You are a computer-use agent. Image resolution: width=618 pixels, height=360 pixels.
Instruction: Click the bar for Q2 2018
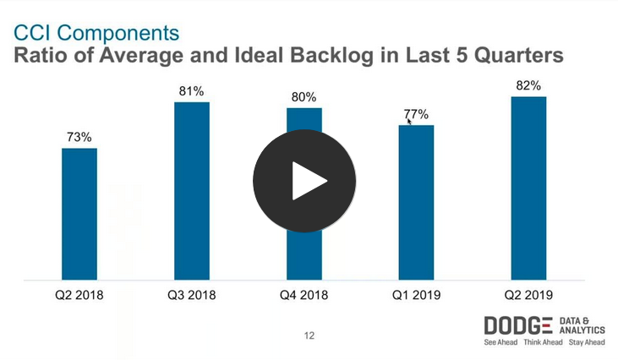point(79,214)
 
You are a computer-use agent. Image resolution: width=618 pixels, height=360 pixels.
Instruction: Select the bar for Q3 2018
point(191,190)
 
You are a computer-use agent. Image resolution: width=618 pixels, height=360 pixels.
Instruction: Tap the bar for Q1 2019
point(416,202)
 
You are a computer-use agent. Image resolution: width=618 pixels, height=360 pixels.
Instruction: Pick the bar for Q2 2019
point(528,188)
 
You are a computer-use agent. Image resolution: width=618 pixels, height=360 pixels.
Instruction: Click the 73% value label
point(79,136)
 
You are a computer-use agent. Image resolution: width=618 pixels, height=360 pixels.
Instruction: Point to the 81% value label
point(191,90)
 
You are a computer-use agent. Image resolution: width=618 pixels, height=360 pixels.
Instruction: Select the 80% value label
point(304,95)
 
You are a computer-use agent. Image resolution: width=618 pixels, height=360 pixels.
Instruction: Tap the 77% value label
point(416,114)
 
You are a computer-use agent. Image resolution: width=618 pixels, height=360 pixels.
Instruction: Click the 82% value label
point(528,85)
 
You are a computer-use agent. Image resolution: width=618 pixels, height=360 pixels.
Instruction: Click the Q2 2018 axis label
point(79,295)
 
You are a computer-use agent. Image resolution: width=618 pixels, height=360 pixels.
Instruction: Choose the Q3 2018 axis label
point(191,295)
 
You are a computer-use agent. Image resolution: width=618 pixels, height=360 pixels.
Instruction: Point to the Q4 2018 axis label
point(304,295)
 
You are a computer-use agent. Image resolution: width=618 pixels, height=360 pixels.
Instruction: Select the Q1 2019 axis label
point(416,295)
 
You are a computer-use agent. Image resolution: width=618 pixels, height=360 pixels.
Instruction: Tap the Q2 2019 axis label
point(528,295)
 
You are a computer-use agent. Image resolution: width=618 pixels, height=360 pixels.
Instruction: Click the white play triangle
point(308,181)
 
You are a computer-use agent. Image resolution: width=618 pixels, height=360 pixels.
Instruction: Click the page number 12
point(309,335)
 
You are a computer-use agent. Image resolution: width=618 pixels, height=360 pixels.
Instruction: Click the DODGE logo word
point(518,326)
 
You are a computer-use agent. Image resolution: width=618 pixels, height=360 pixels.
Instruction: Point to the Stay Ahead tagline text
point(587,343)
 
